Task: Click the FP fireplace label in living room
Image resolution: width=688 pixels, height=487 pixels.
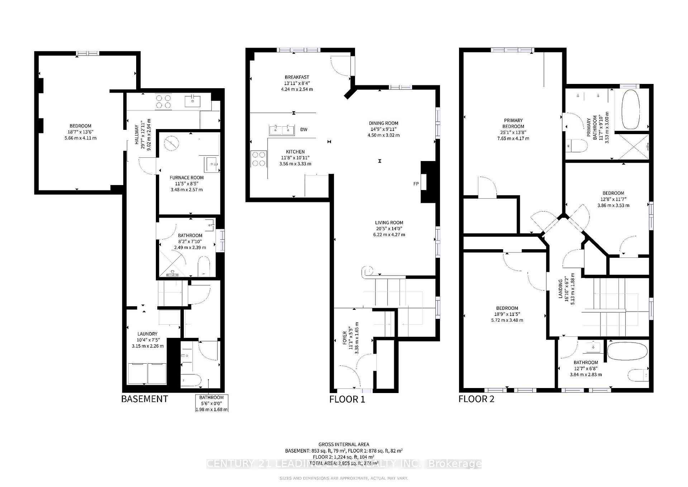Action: [416, 184]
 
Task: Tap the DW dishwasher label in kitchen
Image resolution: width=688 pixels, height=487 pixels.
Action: [304, 129]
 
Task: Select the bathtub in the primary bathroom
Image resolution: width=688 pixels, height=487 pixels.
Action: [632, 109]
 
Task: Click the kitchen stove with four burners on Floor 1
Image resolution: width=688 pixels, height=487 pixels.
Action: [259, 159]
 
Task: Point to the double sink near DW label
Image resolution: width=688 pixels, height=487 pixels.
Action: [282, 129]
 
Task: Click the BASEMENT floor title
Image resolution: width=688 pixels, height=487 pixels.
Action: [144, 399]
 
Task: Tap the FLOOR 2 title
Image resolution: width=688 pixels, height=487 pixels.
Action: [476, 399]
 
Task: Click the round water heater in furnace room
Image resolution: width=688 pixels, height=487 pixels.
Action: [171, 143]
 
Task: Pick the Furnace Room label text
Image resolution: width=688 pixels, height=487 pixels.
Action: [186, 178]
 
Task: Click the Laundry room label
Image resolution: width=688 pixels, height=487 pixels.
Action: [147, 334]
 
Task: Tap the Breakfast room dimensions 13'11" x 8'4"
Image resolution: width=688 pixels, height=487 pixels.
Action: [297, 83]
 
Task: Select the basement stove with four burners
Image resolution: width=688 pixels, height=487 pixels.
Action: [163, 101]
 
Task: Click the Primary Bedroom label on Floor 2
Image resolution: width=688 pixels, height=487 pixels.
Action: [513, 123]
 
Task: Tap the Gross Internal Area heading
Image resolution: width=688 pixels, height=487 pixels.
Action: [344, 444]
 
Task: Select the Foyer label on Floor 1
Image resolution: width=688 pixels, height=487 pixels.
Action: [345, 338]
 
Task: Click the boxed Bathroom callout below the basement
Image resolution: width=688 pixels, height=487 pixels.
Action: [211, 403]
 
